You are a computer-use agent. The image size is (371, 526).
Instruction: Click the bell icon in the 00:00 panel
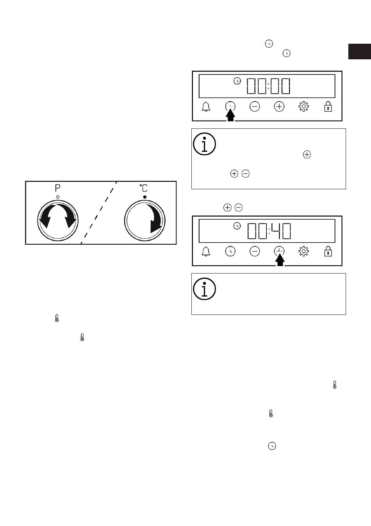pyautogui.click(x=206, y=107)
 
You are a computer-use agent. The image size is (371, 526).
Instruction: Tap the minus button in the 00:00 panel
pyautogui.click(x=255, y=107)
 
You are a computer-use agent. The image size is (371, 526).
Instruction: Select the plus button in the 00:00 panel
pyautogui.click(x=279, y=107)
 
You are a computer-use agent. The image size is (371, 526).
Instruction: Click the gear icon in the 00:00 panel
pyautogui.click(x=303, y=107)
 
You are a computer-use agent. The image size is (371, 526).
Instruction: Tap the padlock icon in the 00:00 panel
pyautogui.click(x=328, y=107)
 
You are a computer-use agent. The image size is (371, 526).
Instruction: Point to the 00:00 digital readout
pyautogui.click(x=269, y=86)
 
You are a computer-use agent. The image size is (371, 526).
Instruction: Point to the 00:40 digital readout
pyautogui.click(x=269, y=231)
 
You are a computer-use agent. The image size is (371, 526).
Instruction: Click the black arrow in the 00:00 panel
pyautogui.click(x=230, y=116)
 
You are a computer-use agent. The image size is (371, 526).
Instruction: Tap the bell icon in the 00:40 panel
pyautogui.click(x=206, y=251)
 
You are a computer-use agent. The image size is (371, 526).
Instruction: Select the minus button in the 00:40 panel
pyautogui.click(x=255, y=251)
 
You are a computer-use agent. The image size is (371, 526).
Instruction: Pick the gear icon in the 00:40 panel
pyautogui.click(x=303, y=251)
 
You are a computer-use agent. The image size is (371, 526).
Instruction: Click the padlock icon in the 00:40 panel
pyautogui.click(x=328, y=251)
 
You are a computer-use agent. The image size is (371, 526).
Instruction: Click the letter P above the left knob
pyautogui.click(x=57, y=188)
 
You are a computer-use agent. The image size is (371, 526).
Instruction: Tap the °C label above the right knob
pyautogui.click(x=144, y=188)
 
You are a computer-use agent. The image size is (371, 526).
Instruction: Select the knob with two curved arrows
pyautogui.click(x=58, y=220)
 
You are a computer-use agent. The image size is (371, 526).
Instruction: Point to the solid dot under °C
pyautogui.click(x=145, y=197)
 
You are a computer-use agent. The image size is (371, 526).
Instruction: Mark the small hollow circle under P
pyautogui.click(x=58, y=197)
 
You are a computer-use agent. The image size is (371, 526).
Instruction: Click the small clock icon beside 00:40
pyautogui.click(x=237, y=226)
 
